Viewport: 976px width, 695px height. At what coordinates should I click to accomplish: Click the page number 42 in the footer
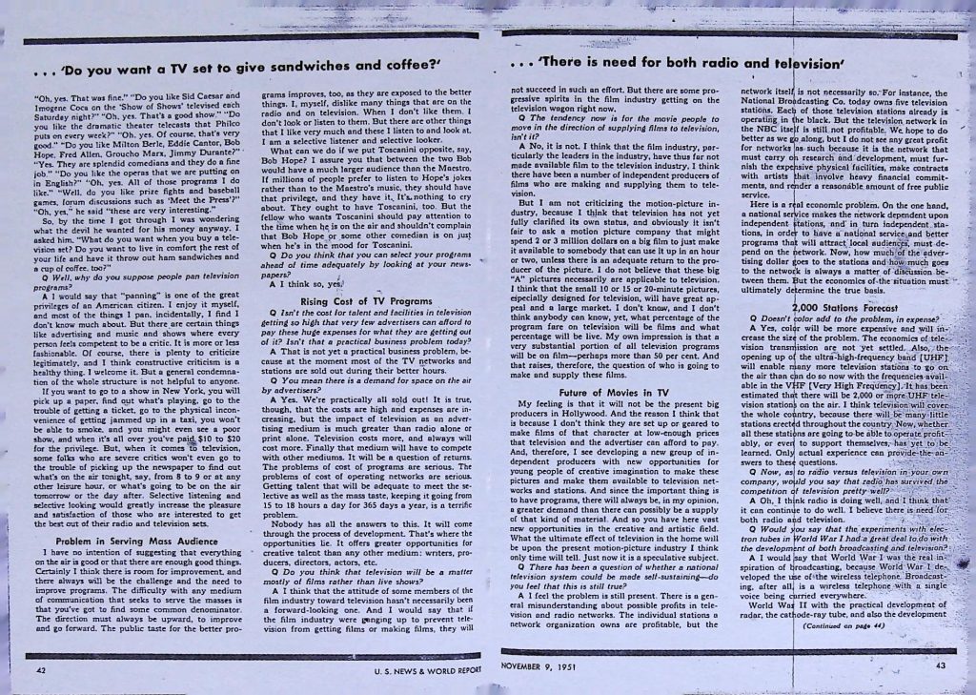coord(41,670)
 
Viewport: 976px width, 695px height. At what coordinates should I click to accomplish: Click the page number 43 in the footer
coord(940,664)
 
